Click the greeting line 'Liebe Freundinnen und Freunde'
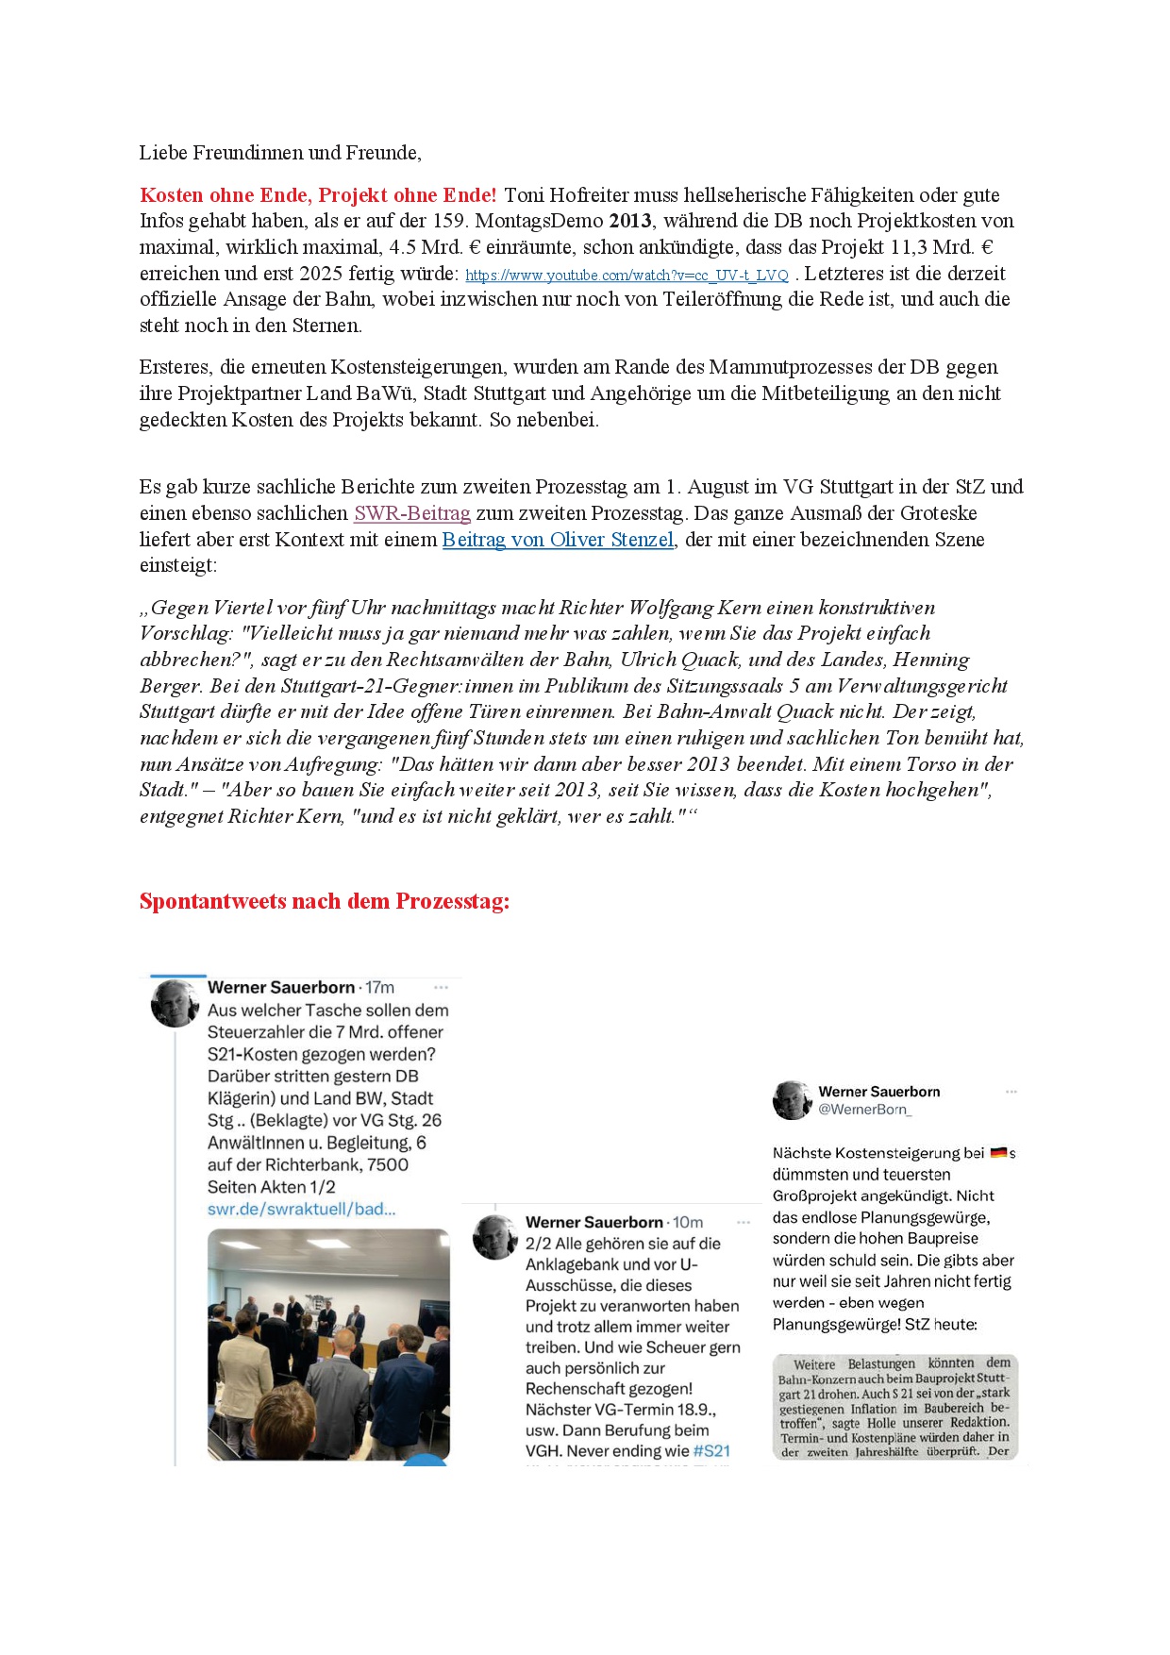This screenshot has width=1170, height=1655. (280, 153)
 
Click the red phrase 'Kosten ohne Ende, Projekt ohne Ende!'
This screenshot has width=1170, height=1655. (318, 195)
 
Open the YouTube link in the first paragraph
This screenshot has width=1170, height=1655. (627, 276)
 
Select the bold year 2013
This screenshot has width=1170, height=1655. (630, 222)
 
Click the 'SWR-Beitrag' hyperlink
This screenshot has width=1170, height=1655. (412, 514)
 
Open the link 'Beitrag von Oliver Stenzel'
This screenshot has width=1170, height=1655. (558, 540)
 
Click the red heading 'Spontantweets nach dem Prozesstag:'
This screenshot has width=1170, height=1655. (325, 901)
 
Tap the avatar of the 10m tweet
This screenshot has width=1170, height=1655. (494, 1236)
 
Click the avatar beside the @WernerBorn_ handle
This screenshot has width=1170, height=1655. (792, 1100)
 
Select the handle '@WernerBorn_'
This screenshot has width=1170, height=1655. (864, 1110)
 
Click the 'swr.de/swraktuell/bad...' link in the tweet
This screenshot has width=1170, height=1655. (301, 1210)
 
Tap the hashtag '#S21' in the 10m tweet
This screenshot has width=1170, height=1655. (711, 1451)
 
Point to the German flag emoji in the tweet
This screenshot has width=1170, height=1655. (998, 1152)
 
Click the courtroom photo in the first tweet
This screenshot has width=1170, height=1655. (328, 1345)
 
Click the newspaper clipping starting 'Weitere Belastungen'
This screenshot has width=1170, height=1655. (894, 1407)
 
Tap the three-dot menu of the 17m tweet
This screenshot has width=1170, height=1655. (441, 987)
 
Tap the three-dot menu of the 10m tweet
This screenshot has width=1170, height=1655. (744, 1222)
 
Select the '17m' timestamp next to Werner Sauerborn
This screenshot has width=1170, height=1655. (380, 987)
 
